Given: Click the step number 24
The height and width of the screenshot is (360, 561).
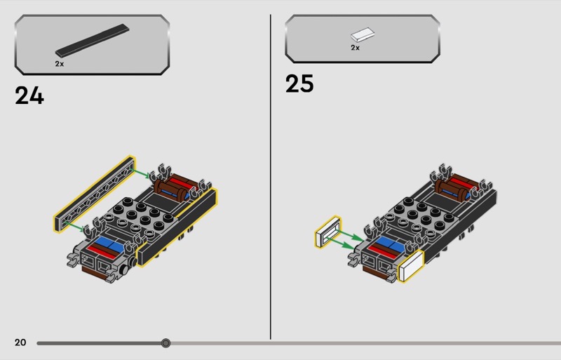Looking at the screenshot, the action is pos(29,95).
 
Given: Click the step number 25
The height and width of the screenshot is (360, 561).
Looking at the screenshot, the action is pos(299,84).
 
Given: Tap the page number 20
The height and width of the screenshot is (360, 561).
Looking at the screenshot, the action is pos(20,342).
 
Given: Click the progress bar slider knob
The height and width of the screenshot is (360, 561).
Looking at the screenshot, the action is pos(165,343).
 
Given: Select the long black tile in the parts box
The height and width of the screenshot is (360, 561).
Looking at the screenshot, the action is pos(92,41).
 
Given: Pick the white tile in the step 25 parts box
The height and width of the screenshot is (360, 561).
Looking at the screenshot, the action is pos(363,35).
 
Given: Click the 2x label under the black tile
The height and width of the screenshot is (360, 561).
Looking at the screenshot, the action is pos(60,64).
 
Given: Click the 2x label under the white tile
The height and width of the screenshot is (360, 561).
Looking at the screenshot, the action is pos(355,48).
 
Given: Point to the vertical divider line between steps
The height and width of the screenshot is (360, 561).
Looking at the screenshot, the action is pos(271,177).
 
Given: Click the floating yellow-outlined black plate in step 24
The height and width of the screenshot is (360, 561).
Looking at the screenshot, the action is pos(95,194).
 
